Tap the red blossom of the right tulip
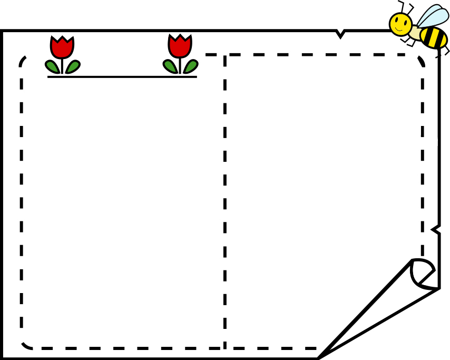click(x=180, y=47)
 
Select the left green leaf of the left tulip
click(x=52, y=66)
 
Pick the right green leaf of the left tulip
click(x=73, y=66)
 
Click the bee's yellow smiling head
click(x=400, y=24)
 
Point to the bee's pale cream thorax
click(x=416, y=32)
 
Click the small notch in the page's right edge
click(x=435, y=229)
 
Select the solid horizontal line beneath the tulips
click(x=122, y=77)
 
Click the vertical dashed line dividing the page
click(x=225, y=200)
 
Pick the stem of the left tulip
click(x=62, y=65)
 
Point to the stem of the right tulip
click(x=180, y=65)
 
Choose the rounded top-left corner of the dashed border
click(x=23, y=59)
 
